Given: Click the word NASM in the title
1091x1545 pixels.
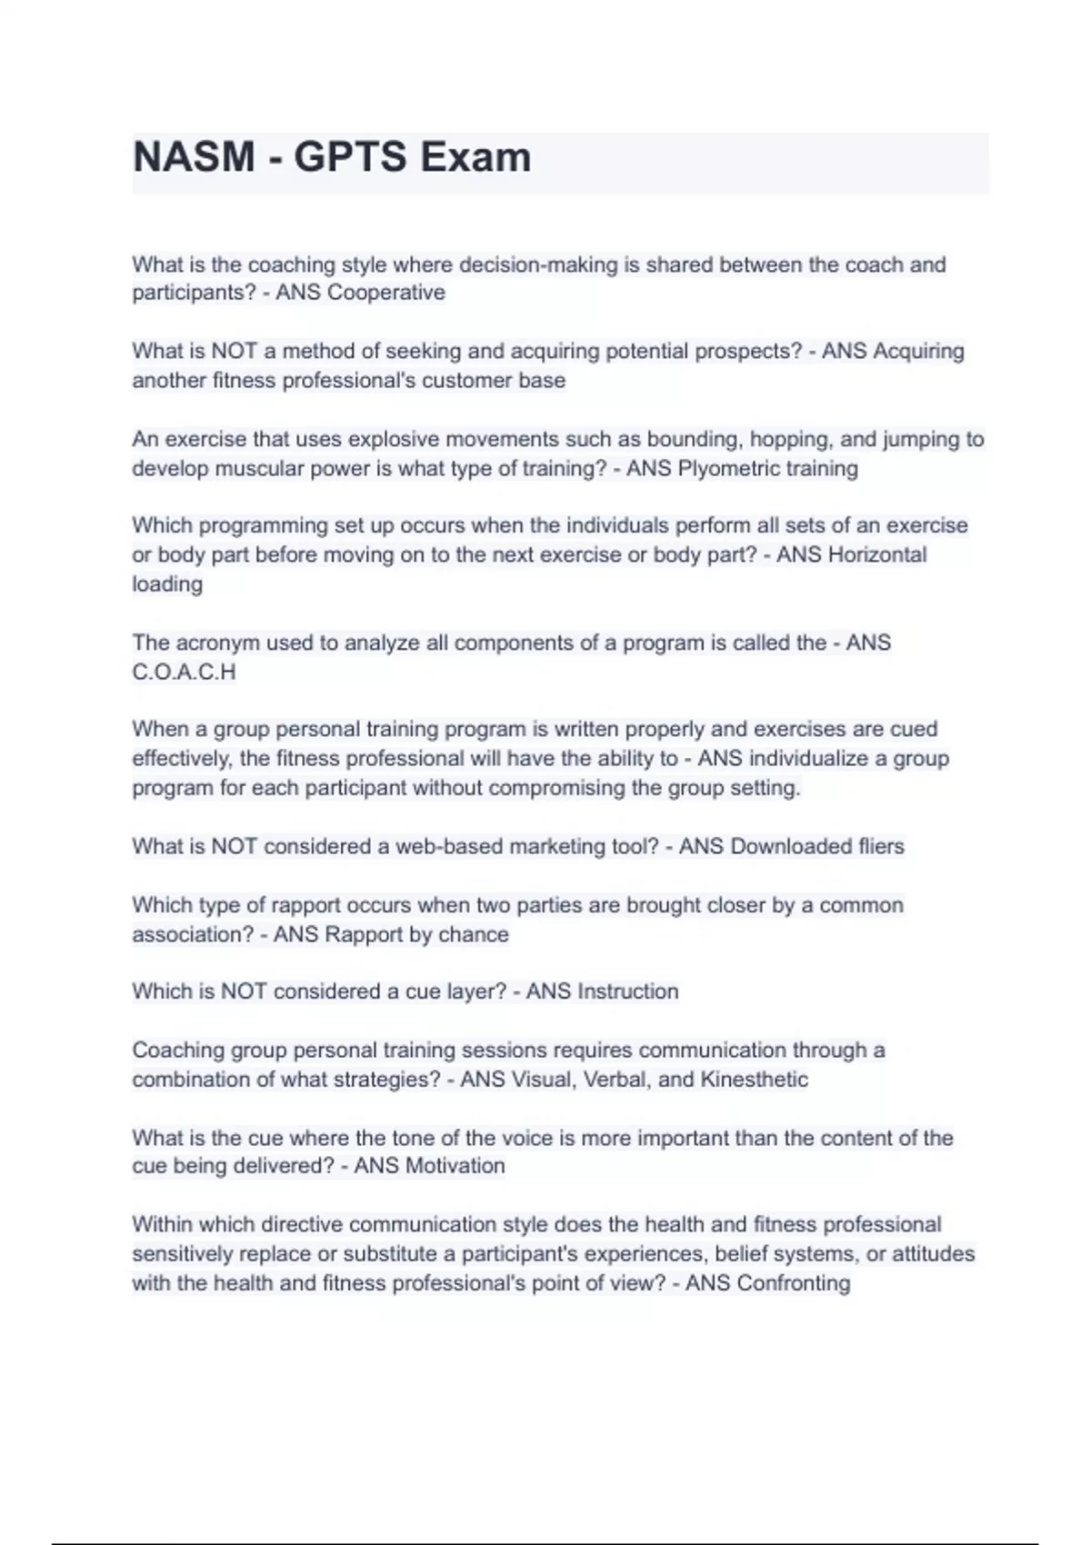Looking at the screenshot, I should point(194,157).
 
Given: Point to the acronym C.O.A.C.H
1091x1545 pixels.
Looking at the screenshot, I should point(184,673).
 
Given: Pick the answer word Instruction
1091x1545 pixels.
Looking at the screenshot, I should point(627,992).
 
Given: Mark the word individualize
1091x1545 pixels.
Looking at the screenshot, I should point(809,759).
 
